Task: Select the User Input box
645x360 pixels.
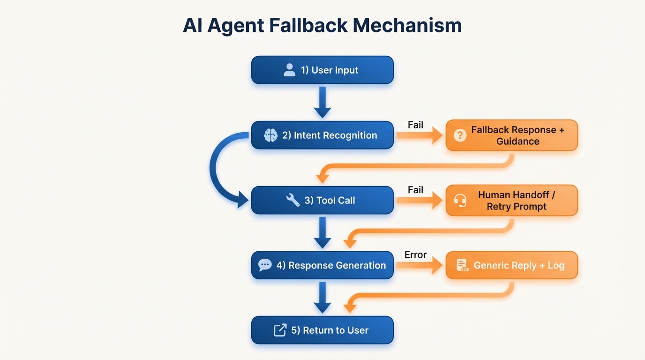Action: (322, 70)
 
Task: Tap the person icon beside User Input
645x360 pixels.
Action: (289, 70)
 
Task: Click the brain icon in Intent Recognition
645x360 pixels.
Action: (270, 135)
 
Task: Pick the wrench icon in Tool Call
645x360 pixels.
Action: (293, 200)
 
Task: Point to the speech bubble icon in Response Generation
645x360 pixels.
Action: (265, 265)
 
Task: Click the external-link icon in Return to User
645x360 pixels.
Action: (280, 330)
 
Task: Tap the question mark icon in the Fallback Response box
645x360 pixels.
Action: (460, 135)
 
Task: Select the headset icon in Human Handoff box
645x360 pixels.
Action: (460, 201)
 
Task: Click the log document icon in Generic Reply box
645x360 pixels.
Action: (462, 265)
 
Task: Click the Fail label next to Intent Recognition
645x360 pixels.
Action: (415, 125)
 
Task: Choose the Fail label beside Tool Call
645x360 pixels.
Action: (415, 190)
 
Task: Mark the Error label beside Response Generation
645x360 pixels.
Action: (415, 255)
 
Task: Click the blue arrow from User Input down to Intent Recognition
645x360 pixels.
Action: (322, 102)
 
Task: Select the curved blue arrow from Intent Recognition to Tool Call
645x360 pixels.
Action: (217, 169)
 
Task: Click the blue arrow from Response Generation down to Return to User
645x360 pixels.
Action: (322, 297)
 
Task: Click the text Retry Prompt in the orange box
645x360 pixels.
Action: (517, 207)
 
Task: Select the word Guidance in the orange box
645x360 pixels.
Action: (517, 142)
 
